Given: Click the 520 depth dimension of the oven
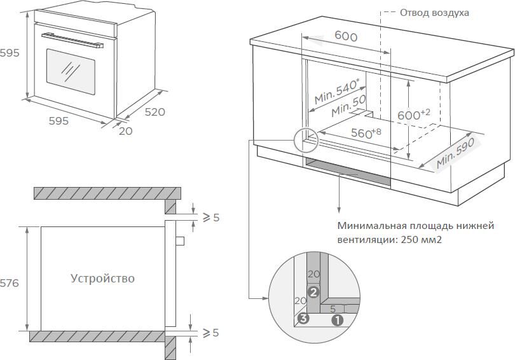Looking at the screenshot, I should (x=154, y=112).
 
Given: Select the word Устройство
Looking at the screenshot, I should (x=102, y=279).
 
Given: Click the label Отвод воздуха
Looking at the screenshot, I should (x=434, y=13).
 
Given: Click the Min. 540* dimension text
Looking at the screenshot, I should (x=337, y=91).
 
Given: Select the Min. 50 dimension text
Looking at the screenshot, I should (x=349, y=106).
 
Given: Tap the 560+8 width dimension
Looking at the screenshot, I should (x=366, y=133).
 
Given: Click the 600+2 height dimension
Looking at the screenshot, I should (x=414, y=114).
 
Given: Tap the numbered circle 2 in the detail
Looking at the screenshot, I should (x=313, y=293).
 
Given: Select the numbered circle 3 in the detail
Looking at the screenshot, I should (x=304, y=319).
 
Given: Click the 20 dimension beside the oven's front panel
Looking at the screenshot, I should (x=125, y=131).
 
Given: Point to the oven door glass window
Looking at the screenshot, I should (x=70, y=71).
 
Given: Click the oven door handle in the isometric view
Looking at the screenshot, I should (x=71, y=39).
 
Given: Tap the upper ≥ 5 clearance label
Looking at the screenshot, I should (x=210, y=218).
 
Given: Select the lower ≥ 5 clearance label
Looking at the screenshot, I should (x=210, y=333).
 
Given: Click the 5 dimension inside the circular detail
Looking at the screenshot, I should (x=333, y=308).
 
